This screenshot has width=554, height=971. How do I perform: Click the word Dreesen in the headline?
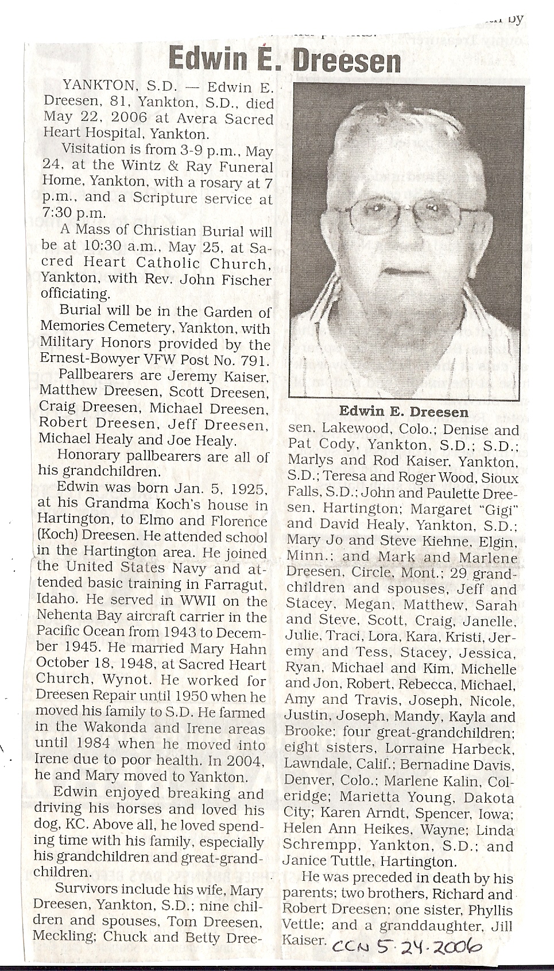[347, 60]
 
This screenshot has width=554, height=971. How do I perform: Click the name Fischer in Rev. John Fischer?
[245, 280]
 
